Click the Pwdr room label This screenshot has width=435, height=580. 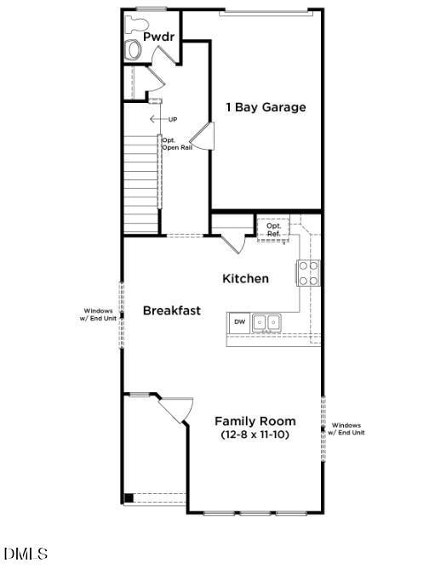click(x=158, y=37)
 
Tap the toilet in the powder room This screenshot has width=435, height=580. click(x=134, y=50)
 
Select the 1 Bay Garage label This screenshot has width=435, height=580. click(x=265, y=107)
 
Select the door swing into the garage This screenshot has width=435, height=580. click(x=201, y=135)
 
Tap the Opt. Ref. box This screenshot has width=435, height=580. click(x=273, y=228)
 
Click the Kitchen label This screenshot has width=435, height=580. click(x=245, y=278)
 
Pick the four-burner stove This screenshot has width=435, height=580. click(x=308, y=272)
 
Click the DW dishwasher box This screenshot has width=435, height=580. click(x=240, y=321)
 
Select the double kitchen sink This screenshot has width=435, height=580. click(x=267, y=321)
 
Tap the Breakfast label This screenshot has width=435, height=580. click(x=171, y=310)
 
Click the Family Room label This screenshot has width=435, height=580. click(x=255, y=421)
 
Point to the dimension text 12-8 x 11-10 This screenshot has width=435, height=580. click(x=255, y=435)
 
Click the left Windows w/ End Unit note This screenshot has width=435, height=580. click(x=98, y=315)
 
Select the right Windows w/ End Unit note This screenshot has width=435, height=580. click(x=347, y=429)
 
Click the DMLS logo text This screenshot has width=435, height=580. click(x=26, y=554)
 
